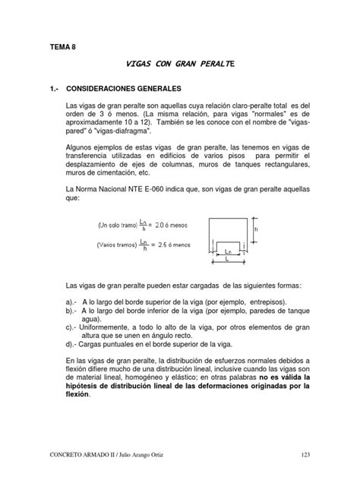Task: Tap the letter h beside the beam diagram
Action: point(257,227)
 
